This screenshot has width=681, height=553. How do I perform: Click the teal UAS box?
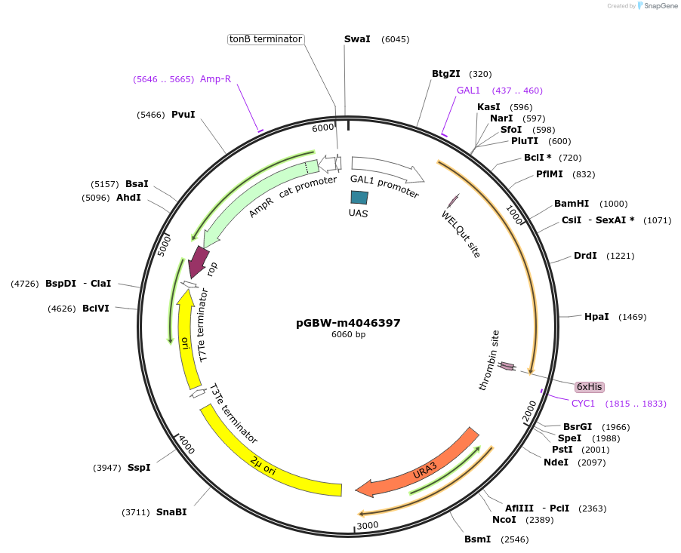pos(359,197)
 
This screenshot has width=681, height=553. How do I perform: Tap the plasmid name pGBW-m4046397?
pos(348,323)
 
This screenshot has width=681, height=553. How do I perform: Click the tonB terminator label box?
pos(266,38)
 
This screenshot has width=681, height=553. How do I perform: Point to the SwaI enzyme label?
pos(357,38)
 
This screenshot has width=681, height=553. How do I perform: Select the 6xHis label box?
pos(589,387)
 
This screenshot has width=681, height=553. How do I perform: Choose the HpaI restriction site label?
pos(596,317)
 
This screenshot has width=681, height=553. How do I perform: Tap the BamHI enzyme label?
pos(571,204)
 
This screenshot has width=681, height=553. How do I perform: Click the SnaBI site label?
pos(171,512)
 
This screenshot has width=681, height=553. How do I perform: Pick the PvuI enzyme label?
pos(183,115)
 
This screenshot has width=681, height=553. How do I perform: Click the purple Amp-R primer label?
pos(215,79)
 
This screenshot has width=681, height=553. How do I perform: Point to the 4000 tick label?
pos(186,446)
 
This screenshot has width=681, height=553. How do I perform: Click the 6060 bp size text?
pos(348,334)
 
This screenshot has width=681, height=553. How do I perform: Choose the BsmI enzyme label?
pos(477,539)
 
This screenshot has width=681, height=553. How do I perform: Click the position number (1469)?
pos(632,317)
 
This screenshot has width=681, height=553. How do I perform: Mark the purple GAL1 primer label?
pos(468,91)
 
